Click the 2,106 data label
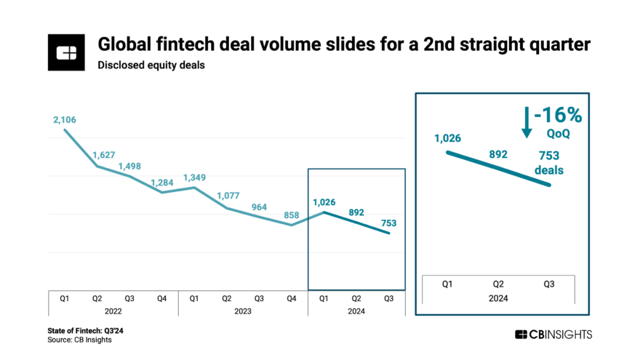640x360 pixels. click(x=65, y=119)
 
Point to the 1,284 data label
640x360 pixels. click(x=164, y=182)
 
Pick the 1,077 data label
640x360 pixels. click(x=229, y=196)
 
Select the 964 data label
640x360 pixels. click(x=260, y=207)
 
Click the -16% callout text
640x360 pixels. click(x=557, y=117)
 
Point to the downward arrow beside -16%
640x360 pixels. click(x=527, y=121)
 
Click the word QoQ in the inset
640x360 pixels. click(x=558, y=134)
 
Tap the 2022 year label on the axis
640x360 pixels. click(x=113, y=311)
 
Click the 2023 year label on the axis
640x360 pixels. click(x=243, y=311)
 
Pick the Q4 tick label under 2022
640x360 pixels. click(x=162, y=297)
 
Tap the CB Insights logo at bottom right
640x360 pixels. click(x=553, y=335)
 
